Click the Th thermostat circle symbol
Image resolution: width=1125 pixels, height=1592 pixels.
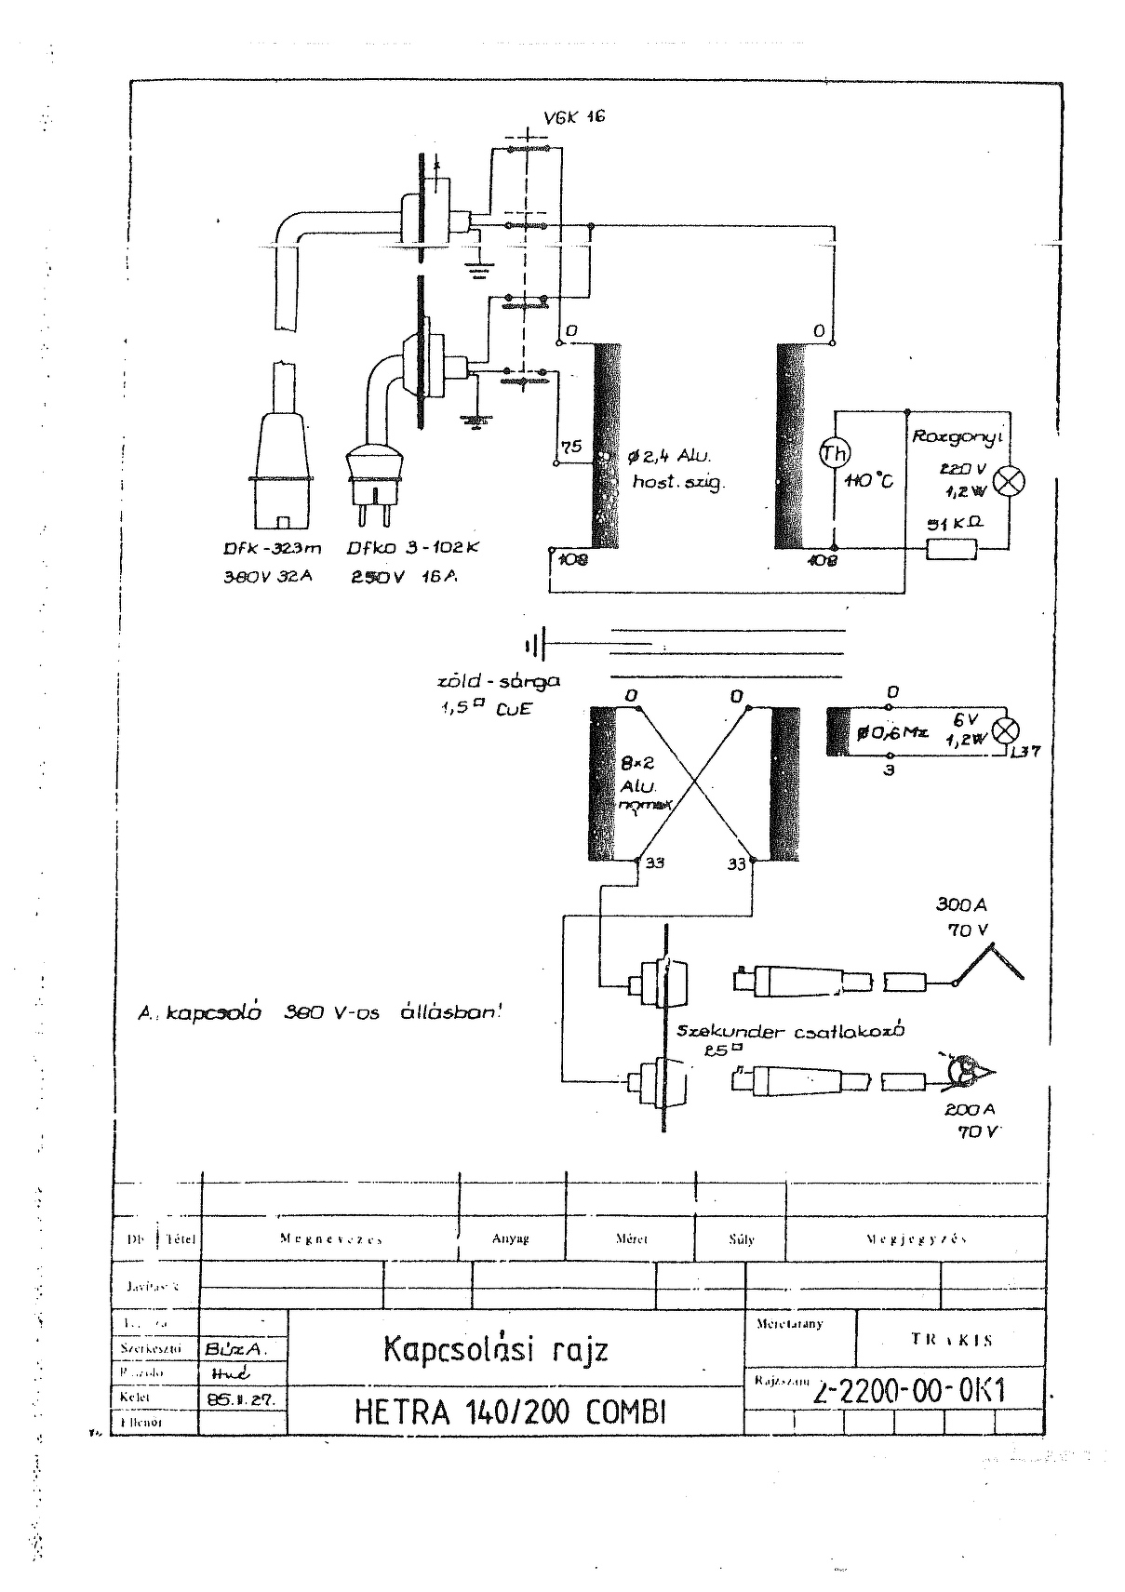pyautogui.click(x=833, y=453)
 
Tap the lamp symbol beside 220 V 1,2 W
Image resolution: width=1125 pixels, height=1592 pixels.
pyautogui.click(x=1009, y=481)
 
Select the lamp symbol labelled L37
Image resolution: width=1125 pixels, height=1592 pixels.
pyautogui.click(x=1006, y=730)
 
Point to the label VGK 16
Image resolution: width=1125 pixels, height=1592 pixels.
pyautogui.click(x=573, y=117)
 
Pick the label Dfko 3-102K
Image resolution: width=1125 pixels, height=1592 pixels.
pyautogui.click(x=412, y=548)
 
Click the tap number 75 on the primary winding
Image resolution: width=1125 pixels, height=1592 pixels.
pyautogui.click(x=570, y=447)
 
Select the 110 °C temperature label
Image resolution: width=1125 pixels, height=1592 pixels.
pyautogui.click(x=867, y=481)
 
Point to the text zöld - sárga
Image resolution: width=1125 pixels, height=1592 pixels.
pyautogui.click(x=499, y=681)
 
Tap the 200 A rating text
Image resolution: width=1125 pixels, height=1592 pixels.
pyautogui.click(x=970, y=1109)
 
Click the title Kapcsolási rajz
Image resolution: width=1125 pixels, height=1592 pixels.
pyautogui.click(x=495, y=1349)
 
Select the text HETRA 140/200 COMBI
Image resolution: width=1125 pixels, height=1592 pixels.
pyautogui.click(x=510, y=1413)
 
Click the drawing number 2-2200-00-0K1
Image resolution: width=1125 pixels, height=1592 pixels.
pyautogui.click(x=909, y=1390)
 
